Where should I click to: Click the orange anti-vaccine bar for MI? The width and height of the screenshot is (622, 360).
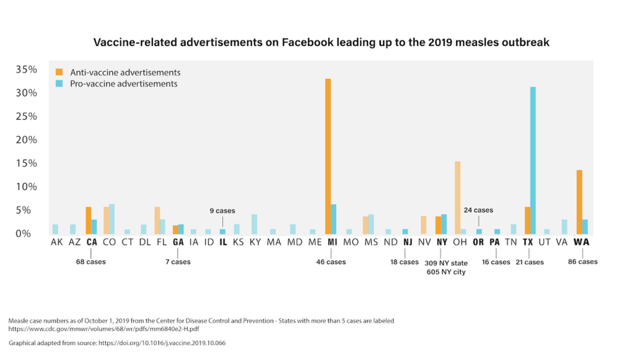tap(328, 156)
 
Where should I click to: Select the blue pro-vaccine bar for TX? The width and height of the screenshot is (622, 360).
tap(533, 160)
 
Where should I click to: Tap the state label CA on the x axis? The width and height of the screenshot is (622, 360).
tap(92, 242)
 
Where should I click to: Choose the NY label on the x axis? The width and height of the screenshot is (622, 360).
tap(442, 242)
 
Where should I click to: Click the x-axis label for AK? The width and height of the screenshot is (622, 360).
tap(56, 242)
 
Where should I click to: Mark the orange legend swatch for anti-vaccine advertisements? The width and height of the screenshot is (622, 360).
tap(59, 72)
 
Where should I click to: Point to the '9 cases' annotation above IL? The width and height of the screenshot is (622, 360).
tap(223, 211)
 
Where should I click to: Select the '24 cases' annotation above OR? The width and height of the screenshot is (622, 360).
tap(479, 210)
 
